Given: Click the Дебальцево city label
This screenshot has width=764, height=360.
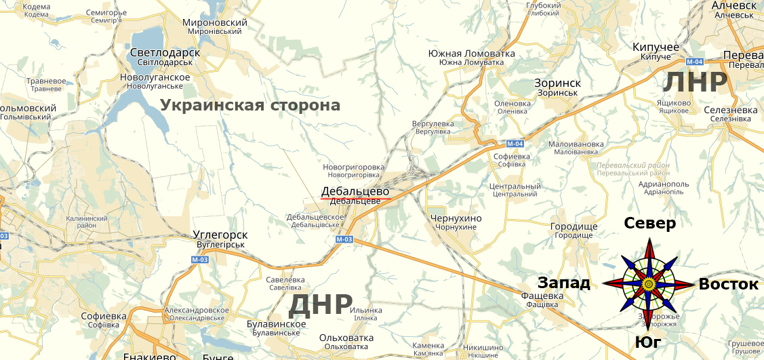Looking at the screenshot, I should pyautogui.click(x=355, y=191).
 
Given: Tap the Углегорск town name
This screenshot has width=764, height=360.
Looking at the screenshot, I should pyautogui.click(x=220, y=235).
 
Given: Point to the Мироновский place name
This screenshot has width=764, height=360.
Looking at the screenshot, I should pyautogui.click(x=215, y=22).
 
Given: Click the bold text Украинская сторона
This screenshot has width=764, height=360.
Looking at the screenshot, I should pyautogui.click(x=250, y=106).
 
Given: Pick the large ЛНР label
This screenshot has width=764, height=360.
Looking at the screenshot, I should pyautogui.click(x=695, y=82).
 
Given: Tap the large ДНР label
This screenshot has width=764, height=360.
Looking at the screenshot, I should pyautogui.click(x=321, y=305).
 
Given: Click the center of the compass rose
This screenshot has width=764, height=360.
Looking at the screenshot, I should pyautogui.click(x=649, y=283).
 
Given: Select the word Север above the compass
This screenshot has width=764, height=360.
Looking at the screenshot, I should pyautogui.click(x=649, y=224).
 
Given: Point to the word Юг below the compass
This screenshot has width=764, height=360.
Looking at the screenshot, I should pyautogui.click(x=649, y=343).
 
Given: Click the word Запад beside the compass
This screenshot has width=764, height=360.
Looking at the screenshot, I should pyautogui.click(x=564, y=283).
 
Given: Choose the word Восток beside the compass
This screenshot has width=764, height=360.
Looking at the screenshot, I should pyautogui.click(x=729, y=284).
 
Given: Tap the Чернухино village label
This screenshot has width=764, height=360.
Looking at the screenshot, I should pyautogui.click(x=456, y=218).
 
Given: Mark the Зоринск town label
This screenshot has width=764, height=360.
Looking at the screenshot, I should pyautogui.click(x=557, y=83).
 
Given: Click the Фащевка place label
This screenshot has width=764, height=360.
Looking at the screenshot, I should pyautogui.click(x=542, y=296).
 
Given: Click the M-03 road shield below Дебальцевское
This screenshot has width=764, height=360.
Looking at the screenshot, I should pyautogui.click(x=344, y=239).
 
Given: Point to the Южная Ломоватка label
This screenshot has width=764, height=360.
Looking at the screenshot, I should pyautogui.click(x=472, y=54).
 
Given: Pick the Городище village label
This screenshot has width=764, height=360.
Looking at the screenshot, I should pyautogui.click(x=574, y=226).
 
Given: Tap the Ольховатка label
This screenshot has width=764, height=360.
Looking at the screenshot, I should pyautogui.click(x=346, y=338).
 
